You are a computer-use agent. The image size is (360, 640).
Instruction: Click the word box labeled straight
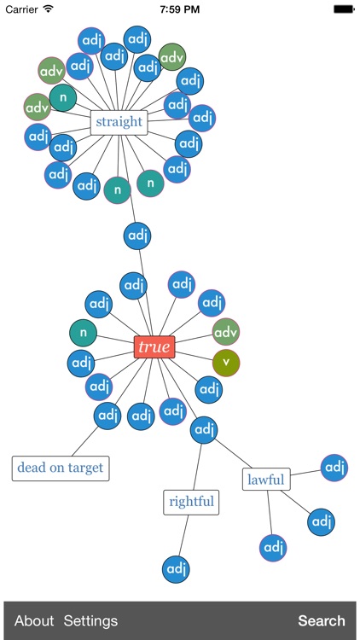119,122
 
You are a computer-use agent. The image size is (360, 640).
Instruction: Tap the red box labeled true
154,347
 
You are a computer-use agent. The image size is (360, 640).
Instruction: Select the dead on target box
61,468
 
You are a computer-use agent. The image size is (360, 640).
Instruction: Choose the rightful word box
191,502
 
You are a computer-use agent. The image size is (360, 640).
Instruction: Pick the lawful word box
266,480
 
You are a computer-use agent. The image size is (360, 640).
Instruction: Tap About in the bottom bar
34,620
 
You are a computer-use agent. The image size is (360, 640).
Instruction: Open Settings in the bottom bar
90,620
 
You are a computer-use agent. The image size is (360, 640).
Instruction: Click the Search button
321,620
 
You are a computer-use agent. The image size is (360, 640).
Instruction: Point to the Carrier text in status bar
21,9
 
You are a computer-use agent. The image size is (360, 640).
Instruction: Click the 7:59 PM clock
180,9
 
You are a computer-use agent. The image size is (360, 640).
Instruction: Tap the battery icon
344,9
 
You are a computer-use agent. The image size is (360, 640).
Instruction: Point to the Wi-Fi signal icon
48,9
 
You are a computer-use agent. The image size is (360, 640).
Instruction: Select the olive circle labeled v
226,363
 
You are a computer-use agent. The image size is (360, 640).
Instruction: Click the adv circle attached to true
225,331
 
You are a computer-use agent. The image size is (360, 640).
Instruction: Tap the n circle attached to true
83,333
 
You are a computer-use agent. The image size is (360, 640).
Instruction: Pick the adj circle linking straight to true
137,235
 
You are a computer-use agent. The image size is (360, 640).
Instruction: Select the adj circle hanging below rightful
176,568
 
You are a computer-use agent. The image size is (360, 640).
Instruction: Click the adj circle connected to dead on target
107,416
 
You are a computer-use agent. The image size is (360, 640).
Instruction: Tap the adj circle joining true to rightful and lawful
204,430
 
